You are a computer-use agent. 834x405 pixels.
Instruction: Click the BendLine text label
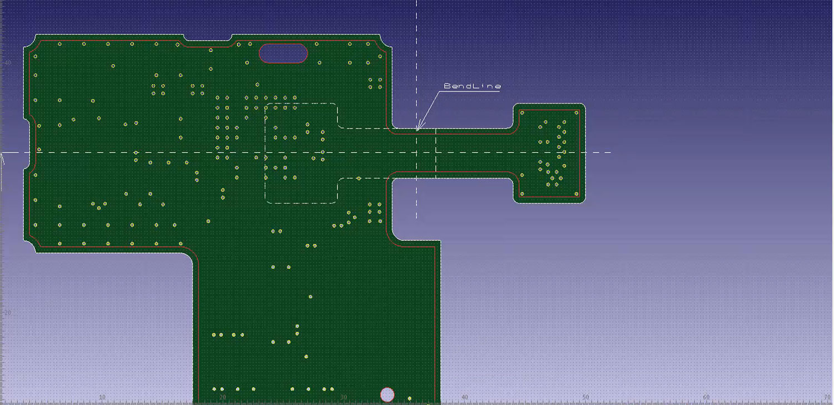[472, 86]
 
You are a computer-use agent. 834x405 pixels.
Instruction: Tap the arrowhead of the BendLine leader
[418, 130]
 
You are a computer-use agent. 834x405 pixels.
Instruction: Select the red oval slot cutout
[283, 53]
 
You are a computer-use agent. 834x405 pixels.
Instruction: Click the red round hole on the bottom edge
[387, 394]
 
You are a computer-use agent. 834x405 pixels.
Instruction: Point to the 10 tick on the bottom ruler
[102, 397]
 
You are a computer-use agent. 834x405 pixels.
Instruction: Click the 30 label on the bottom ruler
[343, 397]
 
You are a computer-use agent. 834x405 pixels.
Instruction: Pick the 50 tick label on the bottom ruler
[585, 397]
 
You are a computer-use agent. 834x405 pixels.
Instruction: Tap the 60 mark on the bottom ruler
[706, 397]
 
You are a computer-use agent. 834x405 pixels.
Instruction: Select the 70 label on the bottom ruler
[827, 397]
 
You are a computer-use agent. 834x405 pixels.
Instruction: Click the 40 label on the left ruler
[8, 63]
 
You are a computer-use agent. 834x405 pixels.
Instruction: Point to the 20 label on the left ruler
[8, 313]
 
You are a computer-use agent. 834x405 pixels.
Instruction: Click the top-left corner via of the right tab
[522, 112]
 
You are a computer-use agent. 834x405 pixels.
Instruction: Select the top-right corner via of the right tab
[577, 112]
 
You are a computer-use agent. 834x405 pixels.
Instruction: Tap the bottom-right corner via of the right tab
[577, 194]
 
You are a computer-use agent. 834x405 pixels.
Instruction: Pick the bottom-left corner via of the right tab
[522, 194]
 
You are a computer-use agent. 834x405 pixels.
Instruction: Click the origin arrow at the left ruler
[3, 158]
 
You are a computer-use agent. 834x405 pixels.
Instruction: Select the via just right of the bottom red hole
[410, 398]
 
